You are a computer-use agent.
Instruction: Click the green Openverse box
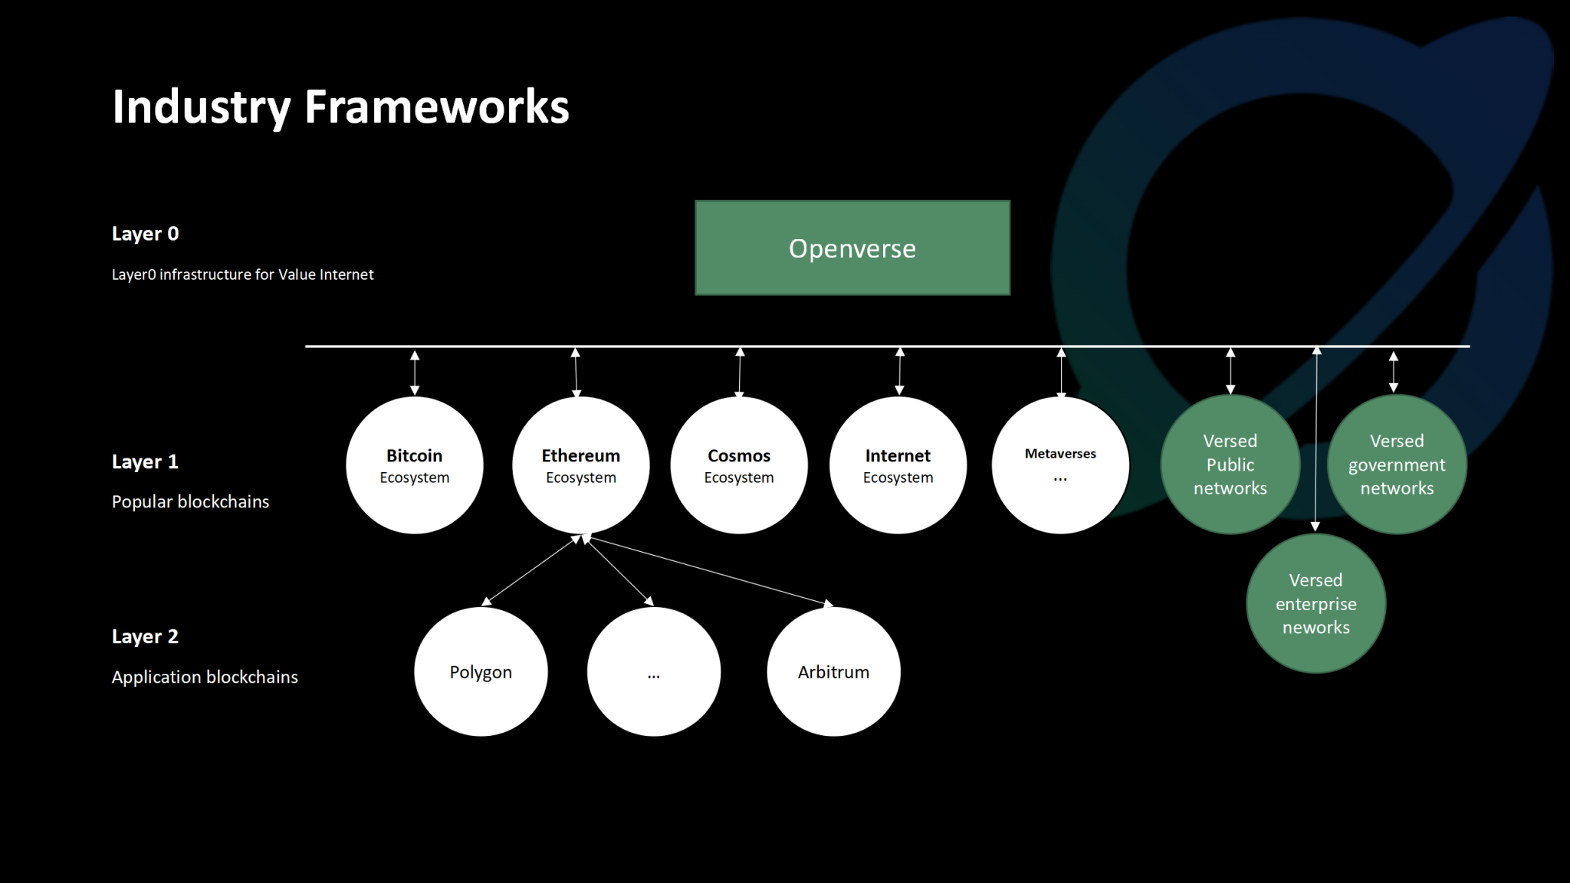coord(852,248)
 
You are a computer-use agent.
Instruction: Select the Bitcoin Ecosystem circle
coord(414,465)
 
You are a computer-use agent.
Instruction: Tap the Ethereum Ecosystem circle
coord(580,465)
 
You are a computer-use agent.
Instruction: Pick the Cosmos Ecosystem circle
coord(739,465)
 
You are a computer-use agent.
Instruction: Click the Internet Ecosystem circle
coord(898,465)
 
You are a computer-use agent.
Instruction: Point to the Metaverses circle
coord(1060,465)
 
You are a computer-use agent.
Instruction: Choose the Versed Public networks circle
coord(1230,464)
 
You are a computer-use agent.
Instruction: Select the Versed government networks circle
coord(1397,464)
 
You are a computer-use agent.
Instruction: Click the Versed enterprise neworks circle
coord(1315,604)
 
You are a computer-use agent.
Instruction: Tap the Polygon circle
coord(481,671)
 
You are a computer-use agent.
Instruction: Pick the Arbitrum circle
coord(833,671)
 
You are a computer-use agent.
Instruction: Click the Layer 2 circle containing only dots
coord(653,671)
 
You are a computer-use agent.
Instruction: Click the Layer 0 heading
coord(145,234)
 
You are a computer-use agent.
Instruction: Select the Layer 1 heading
coord(145,461)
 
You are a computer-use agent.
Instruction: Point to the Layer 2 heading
coord(145,636)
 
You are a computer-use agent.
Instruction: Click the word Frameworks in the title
coord(436,107)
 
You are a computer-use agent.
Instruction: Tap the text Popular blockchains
coord(190,501)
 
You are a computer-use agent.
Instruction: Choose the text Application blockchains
coord(205,677)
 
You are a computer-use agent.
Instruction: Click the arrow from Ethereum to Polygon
coord(530,570)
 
